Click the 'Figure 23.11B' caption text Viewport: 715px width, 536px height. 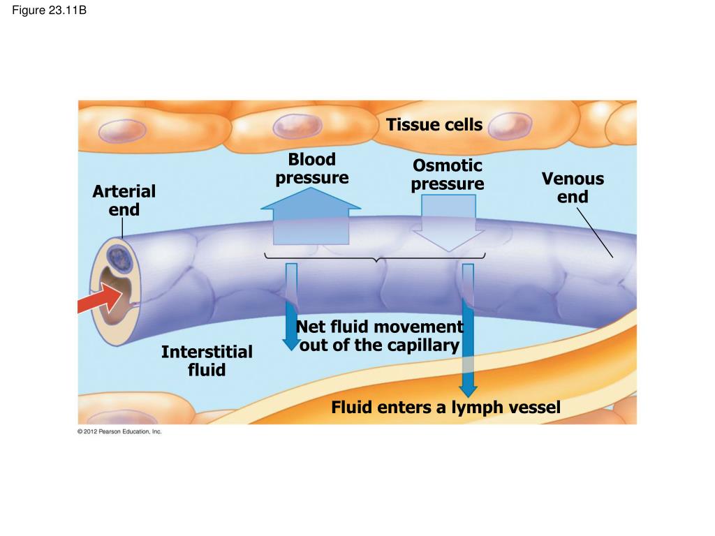point(50,10)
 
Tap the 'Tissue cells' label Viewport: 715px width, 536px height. point(434,124)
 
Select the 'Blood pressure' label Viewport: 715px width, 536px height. point(312,168)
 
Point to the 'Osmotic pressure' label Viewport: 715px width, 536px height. point(448,174)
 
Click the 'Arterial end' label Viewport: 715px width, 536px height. point(124,200)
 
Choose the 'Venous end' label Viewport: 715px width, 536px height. point(573,187)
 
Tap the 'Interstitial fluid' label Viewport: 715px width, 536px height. point(207,361)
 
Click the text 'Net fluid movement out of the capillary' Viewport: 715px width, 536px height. point(379,336)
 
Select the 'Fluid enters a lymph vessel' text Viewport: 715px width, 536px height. point(445,407)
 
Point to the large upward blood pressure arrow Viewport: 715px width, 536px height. point(311,216)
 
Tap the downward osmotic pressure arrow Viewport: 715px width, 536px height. point(448,223)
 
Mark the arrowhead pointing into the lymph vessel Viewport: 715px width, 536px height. point(468,391)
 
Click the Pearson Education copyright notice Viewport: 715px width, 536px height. point(119,431)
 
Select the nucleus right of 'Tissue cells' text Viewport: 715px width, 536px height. point(510,125)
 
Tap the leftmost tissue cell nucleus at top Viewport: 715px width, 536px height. point(122,131)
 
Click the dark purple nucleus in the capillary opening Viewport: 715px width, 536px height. point(119,258)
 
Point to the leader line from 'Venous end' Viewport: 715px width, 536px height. point(595,233)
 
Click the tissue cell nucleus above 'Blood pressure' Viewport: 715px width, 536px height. point(297,126)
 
